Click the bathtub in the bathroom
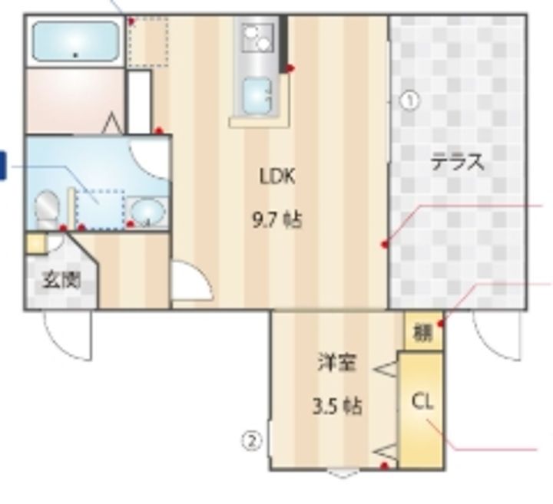(x=75, y=41)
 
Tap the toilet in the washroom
(x=47, y=209)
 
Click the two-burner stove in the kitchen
(x=258, y=38)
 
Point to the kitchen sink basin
(x=257, y=96)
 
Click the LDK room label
(x=277, y=176)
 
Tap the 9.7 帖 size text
(x=277, y=221)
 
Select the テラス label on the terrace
(x=458, y=163)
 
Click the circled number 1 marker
(x=410, y=101)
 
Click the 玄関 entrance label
(x=61, y=281)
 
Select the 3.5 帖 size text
(x=337, y=407)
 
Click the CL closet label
(x=422, y=402)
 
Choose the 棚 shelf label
(x=422, y=333)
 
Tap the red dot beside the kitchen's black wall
(x=290, y=68)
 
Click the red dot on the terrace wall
(x=385, y=244)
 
